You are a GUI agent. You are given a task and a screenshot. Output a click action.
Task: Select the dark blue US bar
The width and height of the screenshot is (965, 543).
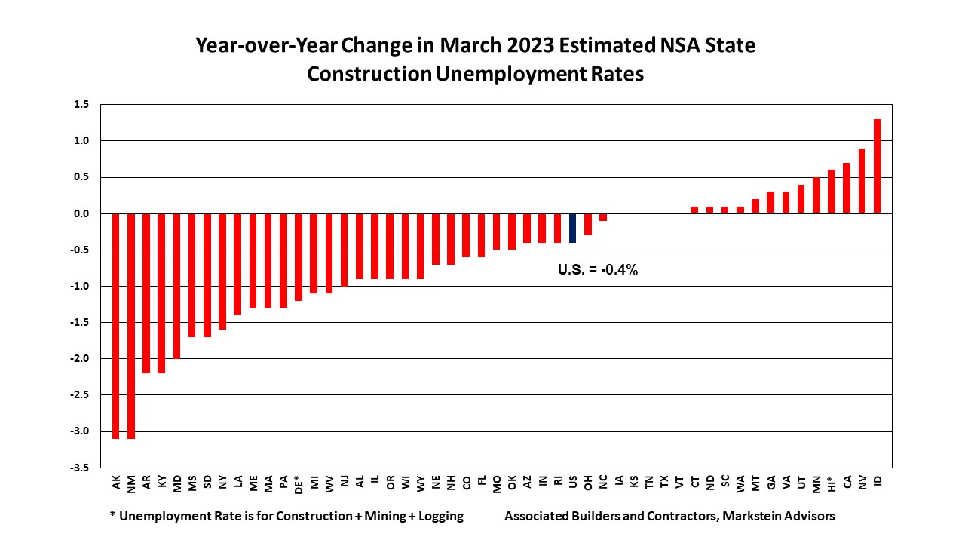pyautogui.click(x=573, y=229)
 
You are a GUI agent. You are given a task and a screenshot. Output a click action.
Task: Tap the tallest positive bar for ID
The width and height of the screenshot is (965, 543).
pyautogui.click(x=877, y=167)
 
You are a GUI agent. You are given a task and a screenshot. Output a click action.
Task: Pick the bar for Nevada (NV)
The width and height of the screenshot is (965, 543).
pyautogui.click(x=862, y=181)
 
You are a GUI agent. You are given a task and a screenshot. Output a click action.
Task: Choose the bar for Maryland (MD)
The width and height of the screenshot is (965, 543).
pyautogui.click(x=177, y=286)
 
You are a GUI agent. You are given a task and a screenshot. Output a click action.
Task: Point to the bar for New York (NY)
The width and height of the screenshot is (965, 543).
pyautogui.click(x=222, y=271)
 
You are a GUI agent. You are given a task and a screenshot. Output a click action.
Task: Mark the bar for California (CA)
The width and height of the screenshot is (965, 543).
pyautogui.click(x=847, y=189)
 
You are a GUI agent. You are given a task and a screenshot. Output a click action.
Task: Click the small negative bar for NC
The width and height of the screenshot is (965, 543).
pyautogui.click(x=603, y=217)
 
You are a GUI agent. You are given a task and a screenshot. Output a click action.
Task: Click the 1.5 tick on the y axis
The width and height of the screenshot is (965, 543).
pyautogui.click(x=82, y=104)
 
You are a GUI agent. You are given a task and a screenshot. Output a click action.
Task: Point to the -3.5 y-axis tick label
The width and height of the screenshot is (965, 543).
pyautogui.click(x=80, y=468)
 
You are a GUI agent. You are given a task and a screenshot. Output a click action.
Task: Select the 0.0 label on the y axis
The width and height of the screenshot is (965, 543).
pyautogui.click(x=82, y=213)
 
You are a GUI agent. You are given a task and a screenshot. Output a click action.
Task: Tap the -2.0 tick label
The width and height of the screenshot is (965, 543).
pyautogui.click(x=80, y=359)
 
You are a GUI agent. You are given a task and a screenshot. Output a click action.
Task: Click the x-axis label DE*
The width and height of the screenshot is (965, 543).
pyautogui.click(x=299, y=483)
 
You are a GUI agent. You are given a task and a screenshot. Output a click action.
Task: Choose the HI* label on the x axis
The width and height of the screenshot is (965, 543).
pyautogui.click(x=831, y=483)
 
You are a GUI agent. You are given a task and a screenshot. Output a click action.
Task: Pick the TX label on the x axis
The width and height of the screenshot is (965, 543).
pyautogui.click(x=664, y=480)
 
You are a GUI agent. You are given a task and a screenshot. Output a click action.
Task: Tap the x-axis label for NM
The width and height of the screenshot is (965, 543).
pyautogui.click(x=131, y=481)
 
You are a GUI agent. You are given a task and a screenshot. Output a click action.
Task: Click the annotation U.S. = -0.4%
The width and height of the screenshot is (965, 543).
pyautogui.click(x=598, y=270)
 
